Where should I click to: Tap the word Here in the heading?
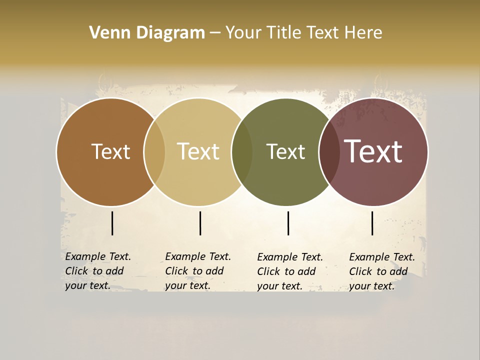tap(363, 33)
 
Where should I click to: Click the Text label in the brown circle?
tap(110, 151)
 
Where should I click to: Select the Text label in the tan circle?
tap(198, 151)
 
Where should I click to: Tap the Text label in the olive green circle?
tap(285, 151)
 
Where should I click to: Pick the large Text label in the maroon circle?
tap(373, 151)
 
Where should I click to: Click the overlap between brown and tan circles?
tap(154, 152)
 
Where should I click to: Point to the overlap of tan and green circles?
tap(242, 152)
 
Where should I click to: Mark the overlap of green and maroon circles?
tap(329, 152)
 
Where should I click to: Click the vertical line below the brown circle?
tap(112, 223)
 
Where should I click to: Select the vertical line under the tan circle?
tap(200, 223)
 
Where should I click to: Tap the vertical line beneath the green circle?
tap(288, 223)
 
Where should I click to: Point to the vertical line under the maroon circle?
tap(372, 223)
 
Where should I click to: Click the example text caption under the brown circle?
tap(98, 271)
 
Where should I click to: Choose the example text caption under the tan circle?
tap(198, 271)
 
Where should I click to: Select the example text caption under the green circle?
tap(290, 271)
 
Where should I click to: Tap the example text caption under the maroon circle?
tap(382, 271)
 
